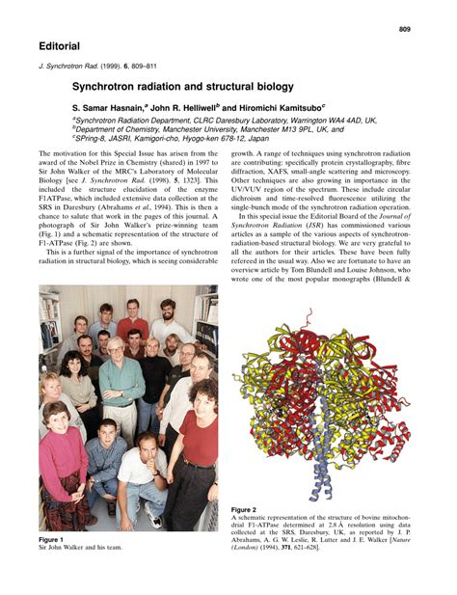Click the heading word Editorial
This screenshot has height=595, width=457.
tap(60, 46)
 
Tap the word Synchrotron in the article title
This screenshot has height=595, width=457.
tap(108, 87)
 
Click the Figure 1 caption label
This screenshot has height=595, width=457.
tap(50, 538)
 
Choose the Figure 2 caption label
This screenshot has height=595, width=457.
tap(244, 508)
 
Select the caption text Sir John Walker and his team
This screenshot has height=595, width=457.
tap(81, 547)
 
